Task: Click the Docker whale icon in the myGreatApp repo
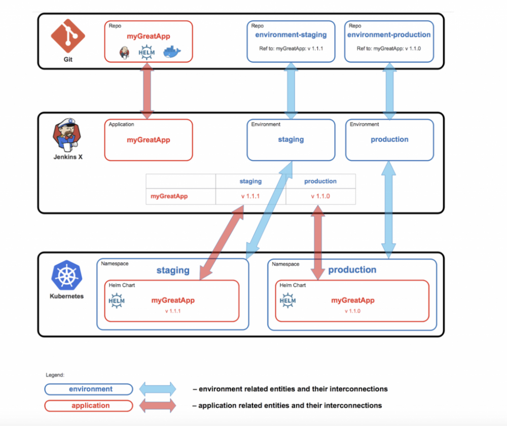[172, 51]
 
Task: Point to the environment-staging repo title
[291, 35]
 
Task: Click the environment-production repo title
[389, 35]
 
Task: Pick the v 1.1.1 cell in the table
[250, 196]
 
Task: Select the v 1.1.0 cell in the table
[320, 196]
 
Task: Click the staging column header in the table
[250, 181]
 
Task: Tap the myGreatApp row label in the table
[169, 196]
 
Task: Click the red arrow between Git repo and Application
[147, 91]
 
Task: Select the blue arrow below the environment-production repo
[389, 91]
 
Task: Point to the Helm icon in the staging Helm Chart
[117, 300]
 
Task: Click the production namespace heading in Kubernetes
[352, 270]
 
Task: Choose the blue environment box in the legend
[89, 389]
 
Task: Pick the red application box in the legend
[89, 406]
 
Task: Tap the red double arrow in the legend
[158, 406]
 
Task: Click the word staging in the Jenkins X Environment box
[291, 139]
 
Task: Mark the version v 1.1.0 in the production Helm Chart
[352, 311]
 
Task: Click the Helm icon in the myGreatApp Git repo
[147, 51]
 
